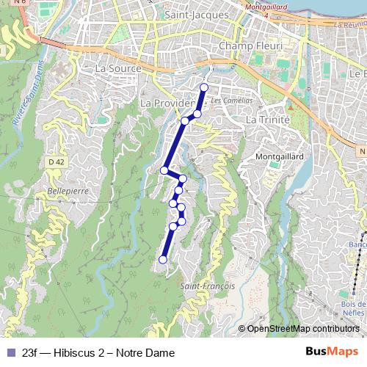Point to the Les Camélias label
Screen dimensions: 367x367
(231, 100)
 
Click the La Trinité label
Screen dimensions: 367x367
(268, 119)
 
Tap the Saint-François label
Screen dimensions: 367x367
(208, 286)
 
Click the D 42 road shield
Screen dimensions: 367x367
(55, 161)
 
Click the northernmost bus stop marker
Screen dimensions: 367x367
(204, 88)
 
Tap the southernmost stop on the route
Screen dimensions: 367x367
(163, 259)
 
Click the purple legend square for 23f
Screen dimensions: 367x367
(11, 352)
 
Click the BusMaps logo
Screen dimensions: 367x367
(332, 352)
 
